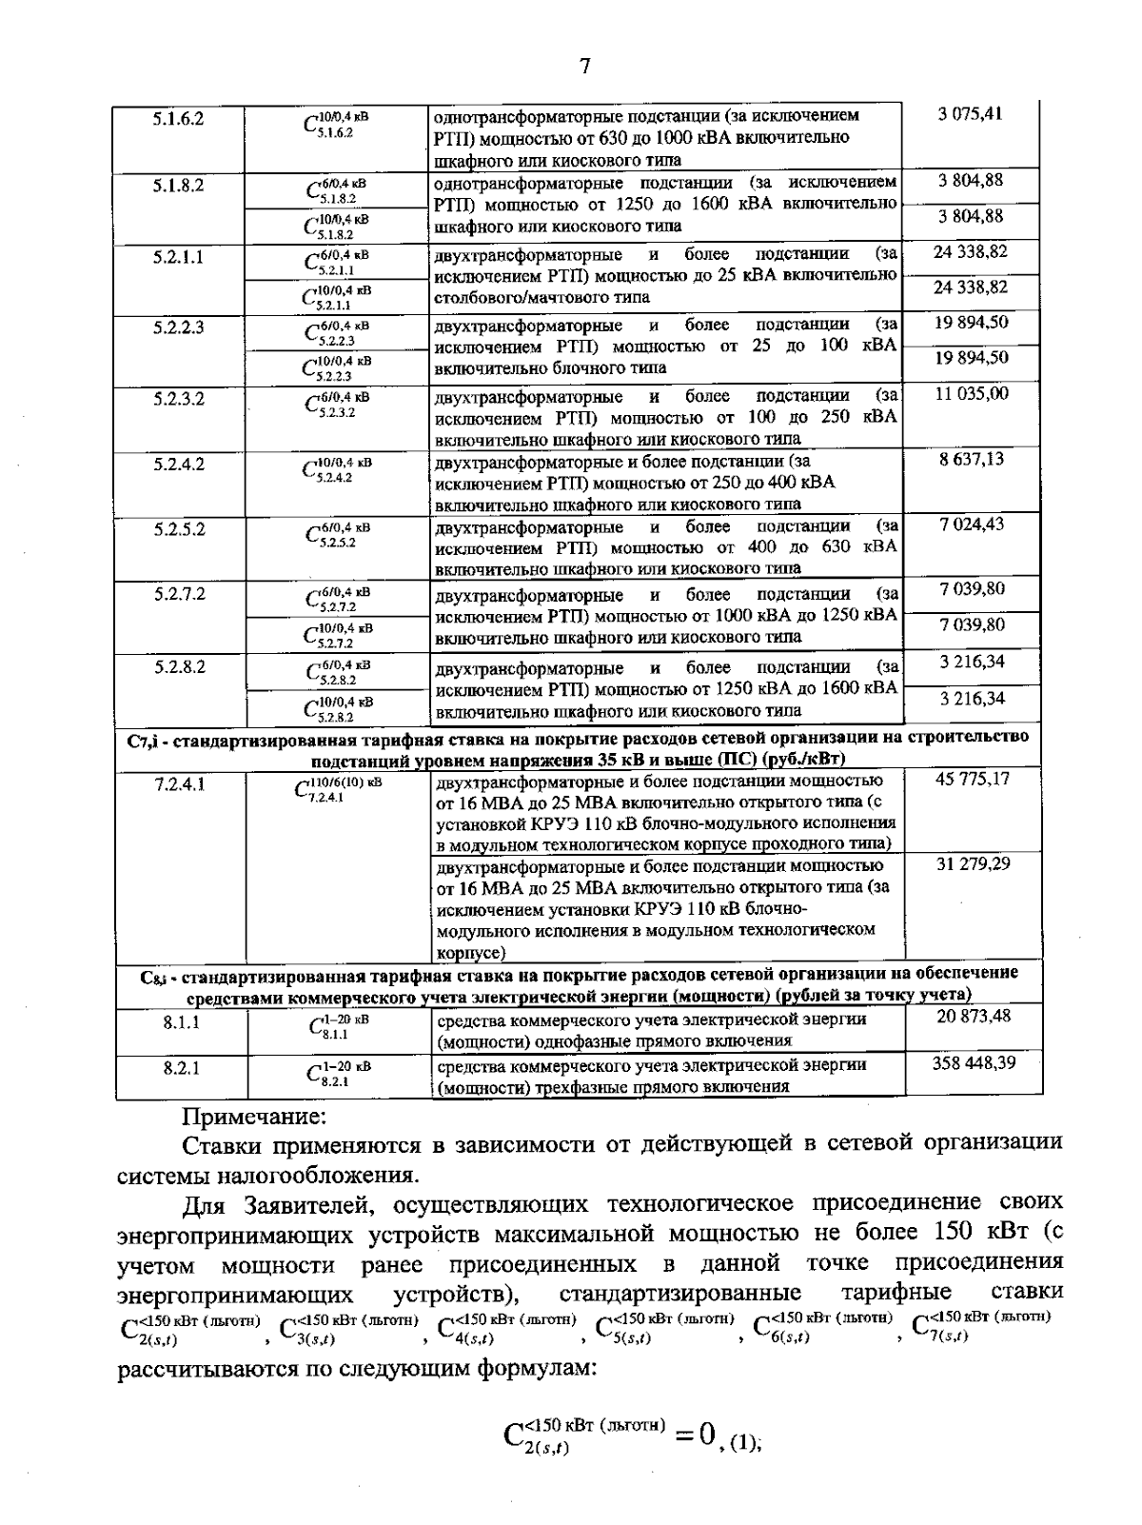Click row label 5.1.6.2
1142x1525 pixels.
tap(179, 120)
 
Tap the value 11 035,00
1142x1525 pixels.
tap(971, 393)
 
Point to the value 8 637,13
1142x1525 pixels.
tap(971, 459)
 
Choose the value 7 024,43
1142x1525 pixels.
tap(971, 524)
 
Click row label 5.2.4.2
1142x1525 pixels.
tap(179, 465)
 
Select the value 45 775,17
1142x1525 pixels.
tap(971, 779)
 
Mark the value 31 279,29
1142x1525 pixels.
tap(971, 863)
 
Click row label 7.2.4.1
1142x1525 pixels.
tap(180, 784)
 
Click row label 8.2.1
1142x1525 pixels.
tap(180, 1068)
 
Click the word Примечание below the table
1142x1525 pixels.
tap(254, 1114)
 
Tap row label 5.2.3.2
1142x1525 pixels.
tap(179, 399)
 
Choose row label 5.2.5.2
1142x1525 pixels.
tap(179, 529)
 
